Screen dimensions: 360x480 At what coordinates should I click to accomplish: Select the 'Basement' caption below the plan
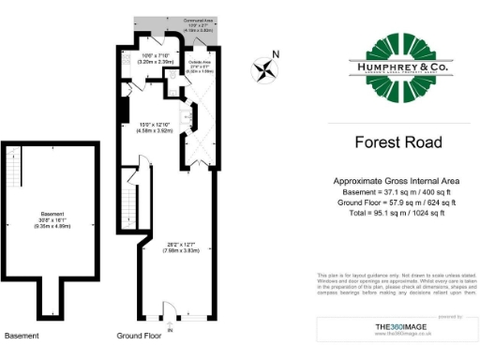point(21,335)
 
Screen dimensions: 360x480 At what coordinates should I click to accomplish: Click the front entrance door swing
point(169,310)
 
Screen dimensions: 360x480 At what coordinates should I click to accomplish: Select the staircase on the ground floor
point(128,199)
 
